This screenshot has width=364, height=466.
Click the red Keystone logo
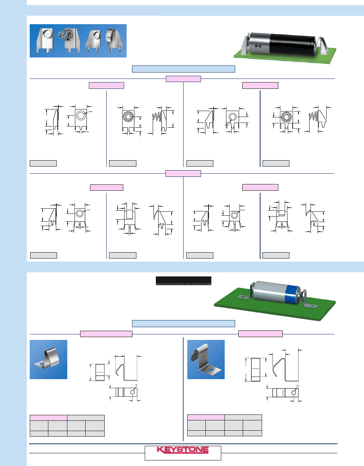tap(183, 450)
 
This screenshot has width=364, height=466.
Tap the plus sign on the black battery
tap(260, 46)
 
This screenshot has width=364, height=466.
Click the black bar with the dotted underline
tap(183, 280)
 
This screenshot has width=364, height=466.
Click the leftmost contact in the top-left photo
tap(45, 41)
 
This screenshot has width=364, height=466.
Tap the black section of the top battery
tap(293, 44)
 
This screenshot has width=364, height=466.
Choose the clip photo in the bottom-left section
tap(48, 359)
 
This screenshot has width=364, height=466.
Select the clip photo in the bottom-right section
tap(206, 359)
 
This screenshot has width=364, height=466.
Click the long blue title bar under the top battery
tap(183, 69)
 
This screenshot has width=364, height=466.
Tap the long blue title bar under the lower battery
tap(183, 323)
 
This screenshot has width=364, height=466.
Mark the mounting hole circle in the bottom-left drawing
tap(132, 392)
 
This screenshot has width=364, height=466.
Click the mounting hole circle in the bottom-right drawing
tap(294, 393)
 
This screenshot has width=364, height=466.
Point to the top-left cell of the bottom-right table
tap(206, 417)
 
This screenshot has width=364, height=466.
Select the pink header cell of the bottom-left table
tap(48, 418)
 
